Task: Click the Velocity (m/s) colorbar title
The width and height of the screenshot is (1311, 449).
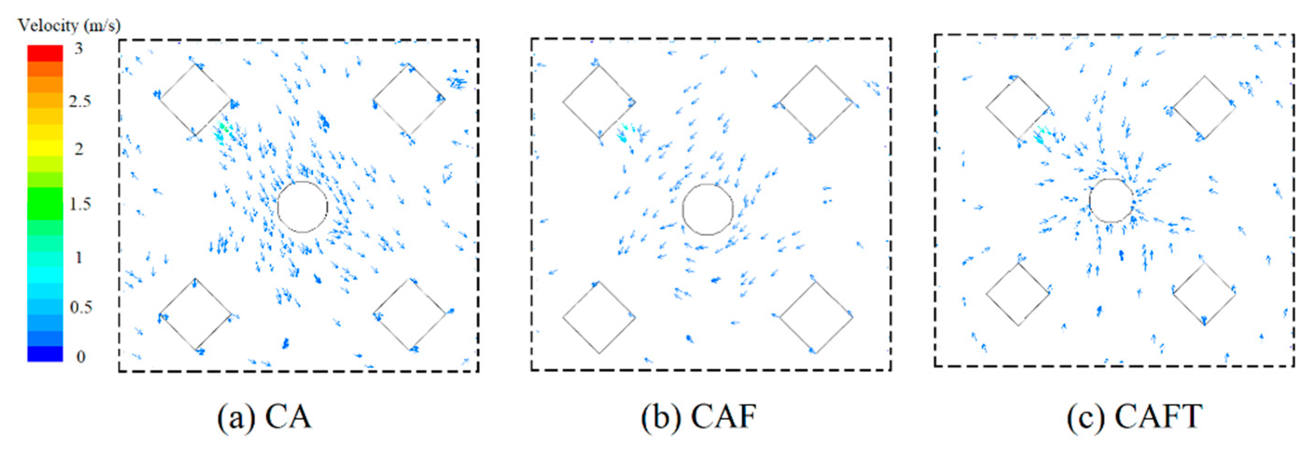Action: [x=69, y=25]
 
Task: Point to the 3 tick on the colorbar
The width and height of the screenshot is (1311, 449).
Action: [x=79, y=49]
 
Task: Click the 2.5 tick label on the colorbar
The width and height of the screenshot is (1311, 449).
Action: [x=80, y=101]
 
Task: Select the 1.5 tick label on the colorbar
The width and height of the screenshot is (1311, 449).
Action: [x=80, y=204]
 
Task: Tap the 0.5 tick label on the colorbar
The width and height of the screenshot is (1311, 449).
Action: [x=80, y=308]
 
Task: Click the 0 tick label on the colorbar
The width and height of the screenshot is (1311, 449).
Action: [x=80, y=357]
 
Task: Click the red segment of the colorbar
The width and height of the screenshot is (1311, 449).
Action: [x=45, y=53]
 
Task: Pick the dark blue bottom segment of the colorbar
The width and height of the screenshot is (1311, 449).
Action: [x=45, y=354]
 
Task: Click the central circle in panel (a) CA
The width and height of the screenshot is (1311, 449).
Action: [x=302, y=207]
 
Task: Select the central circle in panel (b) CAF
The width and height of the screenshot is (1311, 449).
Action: [x=707, y=209]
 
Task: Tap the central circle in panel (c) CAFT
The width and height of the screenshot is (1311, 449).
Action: [x=1111, y=201]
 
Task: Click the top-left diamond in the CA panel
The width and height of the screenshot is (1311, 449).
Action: [x=195, y=100]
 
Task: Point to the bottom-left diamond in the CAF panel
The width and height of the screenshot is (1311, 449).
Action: [x=599, y=317]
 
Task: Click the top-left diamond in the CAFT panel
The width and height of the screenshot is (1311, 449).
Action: [x=1018, y=108]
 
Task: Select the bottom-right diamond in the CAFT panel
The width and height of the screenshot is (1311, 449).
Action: [x=1204, y=294]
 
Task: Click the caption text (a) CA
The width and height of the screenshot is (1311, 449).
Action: [x=264, y=418]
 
